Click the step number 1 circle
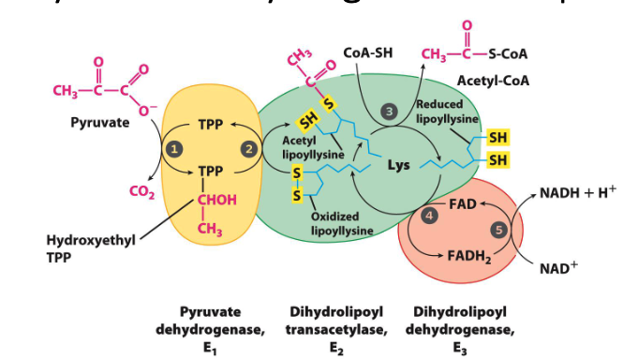(x=173, y=148)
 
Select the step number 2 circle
(x=248, y=148)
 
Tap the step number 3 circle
(x=390, y=112)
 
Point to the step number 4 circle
(x=430, y=217)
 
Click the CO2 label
(x=141, y=193)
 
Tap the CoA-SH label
(x=368, y=52)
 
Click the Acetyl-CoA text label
(x=494, y=81)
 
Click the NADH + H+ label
(x=578, y=193)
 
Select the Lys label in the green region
(x=398, y=166)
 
